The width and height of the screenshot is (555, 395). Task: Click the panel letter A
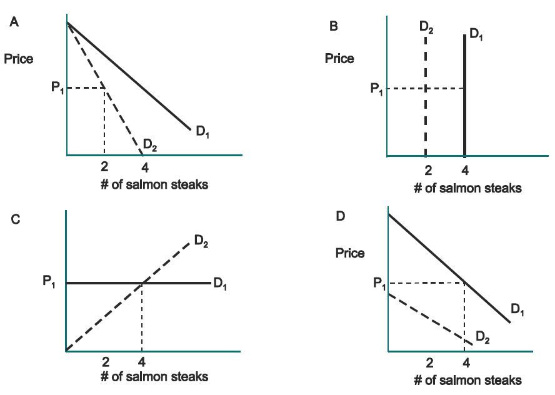(13, 22)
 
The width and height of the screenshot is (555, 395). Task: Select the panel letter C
(16, 219)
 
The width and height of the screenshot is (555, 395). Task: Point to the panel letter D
(341, 216)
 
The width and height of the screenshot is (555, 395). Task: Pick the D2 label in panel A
(150, 146)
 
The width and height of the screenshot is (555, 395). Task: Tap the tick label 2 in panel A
(104, 167)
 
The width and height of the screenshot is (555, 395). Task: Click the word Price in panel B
(339, 59)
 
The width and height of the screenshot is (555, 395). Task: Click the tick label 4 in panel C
(142, 362)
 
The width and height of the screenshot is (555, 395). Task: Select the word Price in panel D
(350, 253)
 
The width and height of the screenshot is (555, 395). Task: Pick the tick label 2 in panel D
(429, 363)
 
